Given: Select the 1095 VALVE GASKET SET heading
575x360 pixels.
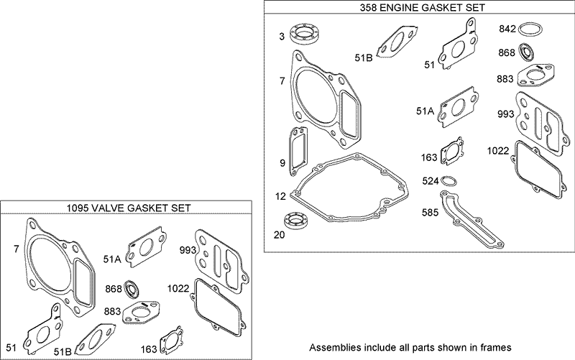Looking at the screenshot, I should pos(127,208).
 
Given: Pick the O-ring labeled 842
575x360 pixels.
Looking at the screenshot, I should pos(530,29).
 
